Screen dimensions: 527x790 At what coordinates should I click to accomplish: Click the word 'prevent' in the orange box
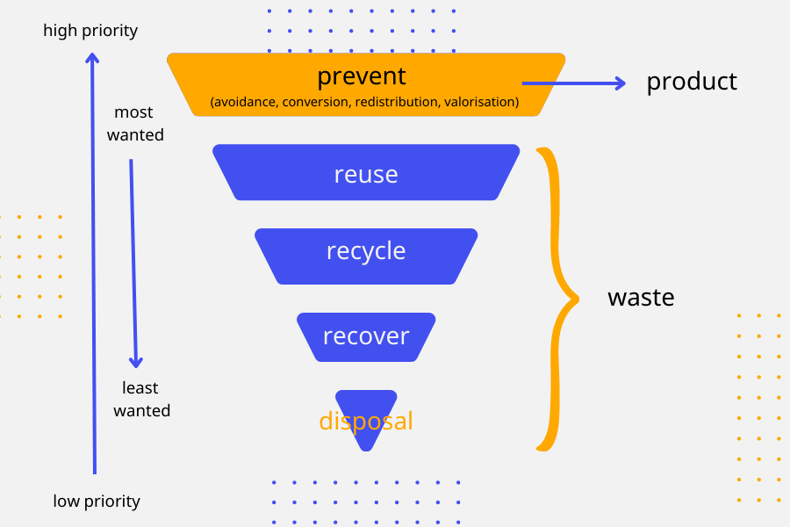tap(362, 76)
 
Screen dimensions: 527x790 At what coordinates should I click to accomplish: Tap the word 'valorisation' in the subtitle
tap(481, 103)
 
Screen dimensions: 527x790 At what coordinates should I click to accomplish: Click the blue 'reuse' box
tap(366, 174)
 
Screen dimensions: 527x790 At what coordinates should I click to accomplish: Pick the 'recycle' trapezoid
tap(366, 252)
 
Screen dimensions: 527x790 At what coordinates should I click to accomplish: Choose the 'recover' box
tap(366, 336)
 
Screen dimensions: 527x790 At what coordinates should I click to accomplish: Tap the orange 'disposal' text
tap(366, 422)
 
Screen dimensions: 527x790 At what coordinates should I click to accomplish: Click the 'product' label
tap(692, 82)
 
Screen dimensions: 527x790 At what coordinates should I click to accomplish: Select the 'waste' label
tap(641, 297)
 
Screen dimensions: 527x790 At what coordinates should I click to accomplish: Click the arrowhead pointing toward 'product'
tap(621, 83)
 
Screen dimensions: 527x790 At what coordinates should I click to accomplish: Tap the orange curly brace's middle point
tap(576, 299)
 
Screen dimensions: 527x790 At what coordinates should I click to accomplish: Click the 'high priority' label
tap(90, 31)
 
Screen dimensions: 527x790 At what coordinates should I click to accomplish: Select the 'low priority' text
tap(97, 502)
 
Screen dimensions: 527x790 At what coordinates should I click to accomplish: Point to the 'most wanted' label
tap(135, 124)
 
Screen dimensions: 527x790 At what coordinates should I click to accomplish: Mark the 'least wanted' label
tap(141, 399)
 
